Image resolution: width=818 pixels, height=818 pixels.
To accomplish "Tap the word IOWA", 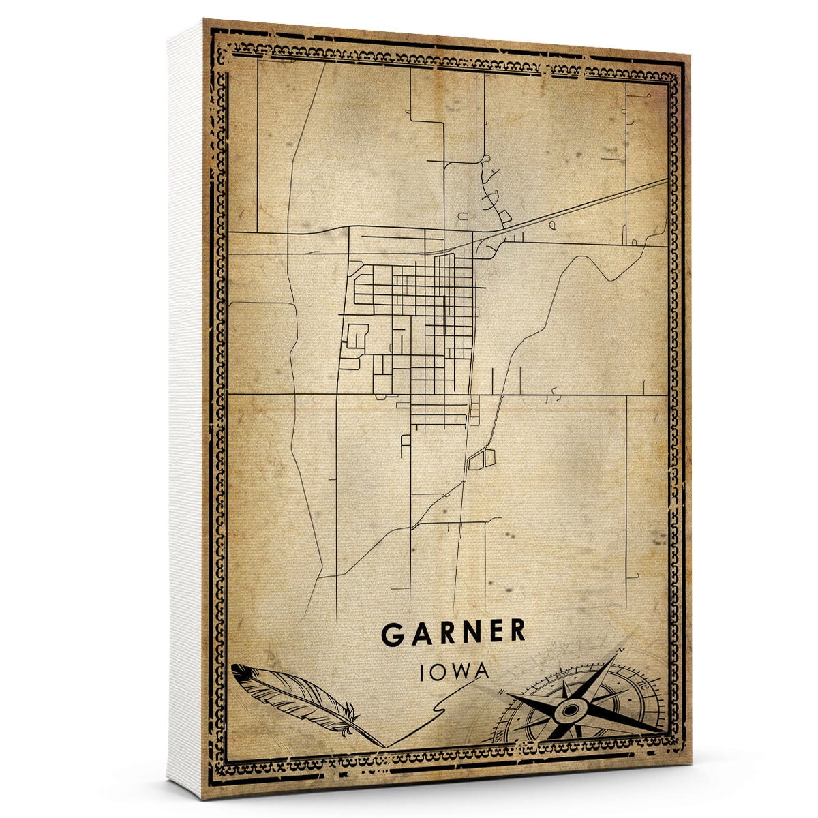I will click(x=455, y=671).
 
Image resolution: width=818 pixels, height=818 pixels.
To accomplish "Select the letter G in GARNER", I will click(x=393, y=633).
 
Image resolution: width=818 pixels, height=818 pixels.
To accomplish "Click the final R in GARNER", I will click(x=517, y=633).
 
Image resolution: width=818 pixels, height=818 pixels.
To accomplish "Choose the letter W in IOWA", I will click(x=460, y=671).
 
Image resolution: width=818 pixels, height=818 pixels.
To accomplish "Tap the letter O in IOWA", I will click(x=440, y=671).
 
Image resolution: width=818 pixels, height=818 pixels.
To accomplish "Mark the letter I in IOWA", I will click(x=425, y=671).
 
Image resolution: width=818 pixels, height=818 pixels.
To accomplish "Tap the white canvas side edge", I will click(x=185, y=409).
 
